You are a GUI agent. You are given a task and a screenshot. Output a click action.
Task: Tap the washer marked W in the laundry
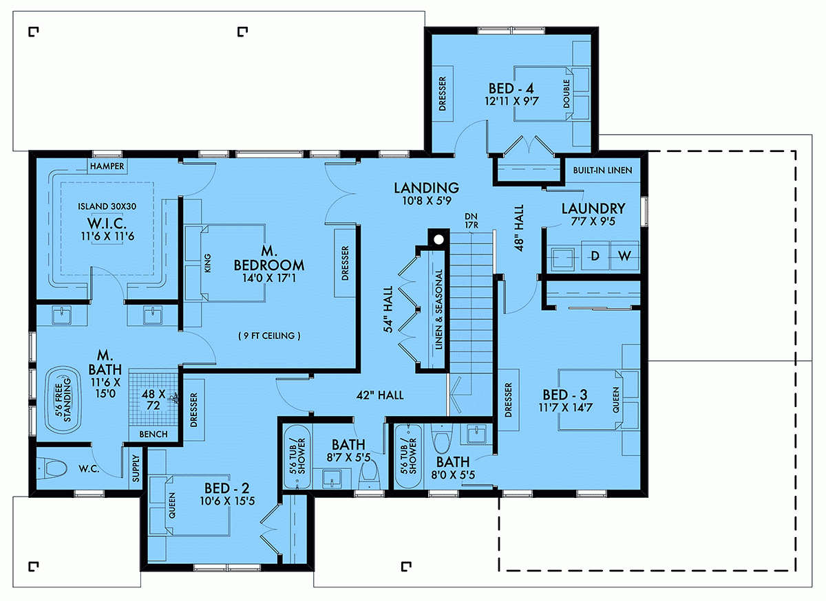tap(624, 256)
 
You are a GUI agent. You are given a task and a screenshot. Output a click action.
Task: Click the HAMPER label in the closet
tap(106, 166)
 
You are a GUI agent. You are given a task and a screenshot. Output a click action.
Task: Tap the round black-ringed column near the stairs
tap(437, 240)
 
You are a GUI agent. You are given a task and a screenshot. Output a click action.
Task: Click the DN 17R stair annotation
tap(471, 220)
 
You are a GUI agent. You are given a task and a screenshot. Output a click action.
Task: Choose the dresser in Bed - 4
tap(442, 95)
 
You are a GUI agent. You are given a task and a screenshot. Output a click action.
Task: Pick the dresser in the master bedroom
tap(344, 263)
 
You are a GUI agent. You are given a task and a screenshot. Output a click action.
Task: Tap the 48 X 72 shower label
tap(151, 400)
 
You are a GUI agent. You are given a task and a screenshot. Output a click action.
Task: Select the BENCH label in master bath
tap(153, 435)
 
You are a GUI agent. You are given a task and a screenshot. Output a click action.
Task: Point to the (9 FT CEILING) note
tap(268, 336)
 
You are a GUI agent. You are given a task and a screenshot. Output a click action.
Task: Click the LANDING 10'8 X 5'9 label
tap(426, 194)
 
